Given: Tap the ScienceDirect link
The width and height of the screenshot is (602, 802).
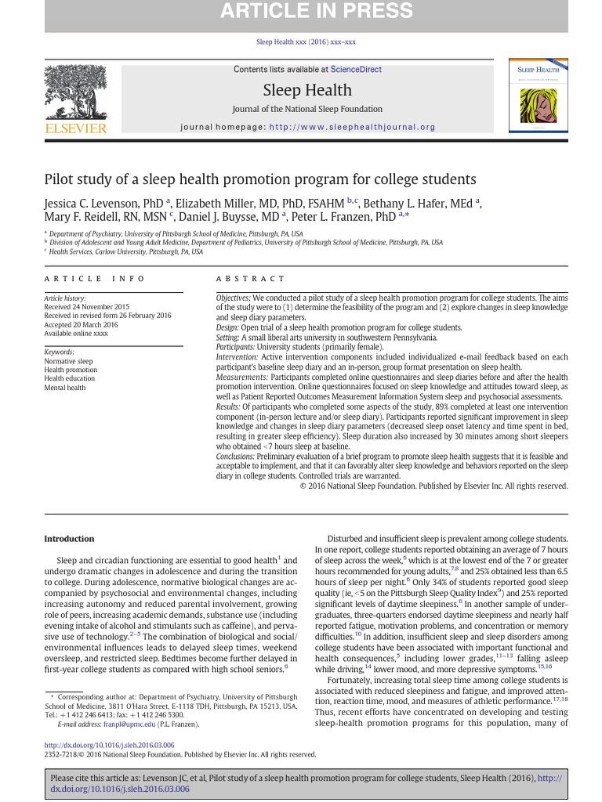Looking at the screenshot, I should pos(356,70).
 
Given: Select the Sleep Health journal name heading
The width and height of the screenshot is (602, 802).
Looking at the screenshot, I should pos(307,89).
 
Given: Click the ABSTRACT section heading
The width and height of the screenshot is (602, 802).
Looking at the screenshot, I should pos(251,279).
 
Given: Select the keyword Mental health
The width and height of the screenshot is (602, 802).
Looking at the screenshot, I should pos(65,388).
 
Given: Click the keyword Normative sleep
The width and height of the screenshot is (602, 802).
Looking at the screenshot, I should pos(68,362).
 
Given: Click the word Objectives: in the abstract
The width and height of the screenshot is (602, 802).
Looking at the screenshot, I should pos(233,299).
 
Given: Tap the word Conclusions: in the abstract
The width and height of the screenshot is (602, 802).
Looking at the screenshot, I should pos(237,456).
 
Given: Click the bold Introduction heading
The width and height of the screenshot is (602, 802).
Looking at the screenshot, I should pos(69,539).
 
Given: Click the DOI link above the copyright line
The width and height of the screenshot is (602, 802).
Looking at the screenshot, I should pos(109,745).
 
